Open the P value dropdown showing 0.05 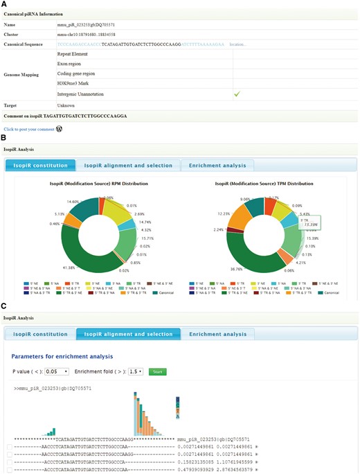[x=55, y=371]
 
